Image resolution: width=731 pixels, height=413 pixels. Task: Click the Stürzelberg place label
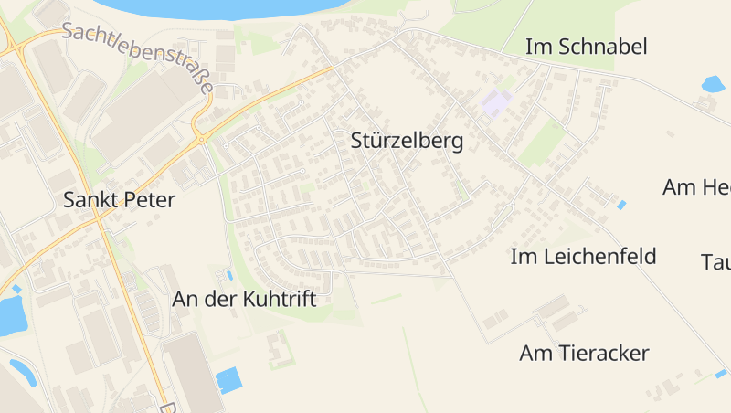407,142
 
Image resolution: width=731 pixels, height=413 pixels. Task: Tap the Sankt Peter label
119,200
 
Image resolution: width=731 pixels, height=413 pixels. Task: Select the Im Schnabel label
586,47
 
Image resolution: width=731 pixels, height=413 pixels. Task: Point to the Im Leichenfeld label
583,257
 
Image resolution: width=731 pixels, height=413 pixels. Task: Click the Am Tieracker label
584,353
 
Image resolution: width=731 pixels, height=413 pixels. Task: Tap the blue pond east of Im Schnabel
712,85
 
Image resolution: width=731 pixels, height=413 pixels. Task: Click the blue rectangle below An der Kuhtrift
228,379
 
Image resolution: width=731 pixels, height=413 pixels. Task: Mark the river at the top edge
210,7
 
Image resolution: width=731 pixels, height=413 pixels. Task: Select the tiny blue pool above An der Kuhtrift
229,274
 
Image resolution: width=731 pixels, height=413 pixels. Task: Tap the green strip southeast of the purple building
543,142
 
